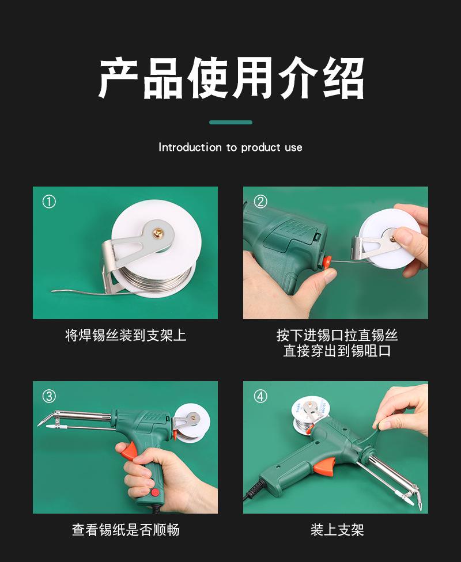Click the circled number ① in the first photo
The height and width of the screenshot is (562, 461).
pos(49,202)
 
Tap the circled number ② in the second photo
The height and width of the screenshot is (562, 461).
pos(260,202)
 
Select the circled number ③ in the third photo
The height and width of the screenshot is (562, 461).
pos(49,396)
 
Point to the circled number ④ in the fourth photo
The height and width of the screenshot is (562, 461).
pos(260,396)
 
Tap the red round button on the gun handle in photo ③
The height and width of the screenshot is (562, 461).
pos(155,492)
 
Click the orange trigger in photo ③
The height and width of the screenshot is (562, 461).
pos(129,451)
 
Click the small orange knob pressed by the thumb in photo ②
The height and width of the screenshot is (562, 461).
pos(326,262)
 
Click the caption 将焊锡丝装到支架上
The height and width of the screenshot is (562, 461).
pos(126,336)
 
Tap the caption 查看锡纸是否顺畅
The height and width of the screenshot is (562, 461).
pos(126,530)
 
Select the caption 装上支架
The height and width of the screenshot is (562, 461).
pos(337,530)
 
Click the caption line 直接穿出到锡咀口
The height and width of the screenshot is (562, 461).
pos(337,351)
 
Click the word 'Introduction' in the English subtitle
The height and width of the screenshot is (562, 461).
pos(190,147)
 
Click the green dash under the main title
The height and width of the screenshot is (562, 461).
pos(231,122)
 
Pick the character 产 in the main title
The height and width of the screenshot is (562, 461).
pos(118,78)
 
